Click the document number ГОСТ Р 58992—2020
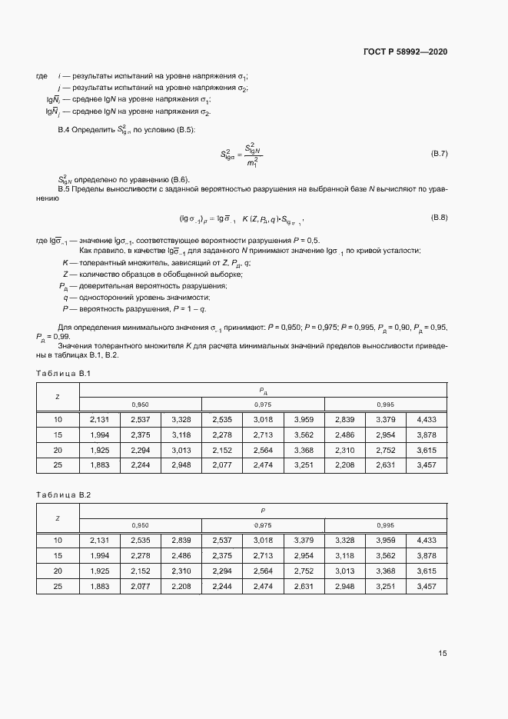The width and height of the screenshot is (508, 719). point(405,52)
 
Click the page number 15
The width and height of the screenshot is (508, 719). point(443,654)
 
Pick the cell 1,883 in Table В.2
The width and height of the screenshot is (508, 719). point(100,587)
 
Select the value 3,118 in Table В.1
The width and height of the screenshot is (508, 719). point(181,435)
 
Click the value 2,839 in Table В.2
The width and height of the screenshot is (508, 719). point(181,541)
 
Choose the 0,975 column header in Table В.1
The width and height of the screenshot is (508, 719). point(263,404)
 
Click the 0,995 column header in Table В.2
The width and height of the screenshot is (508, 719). point(385,525)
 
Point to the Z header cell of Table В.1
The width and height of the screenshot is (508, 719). point(58,397)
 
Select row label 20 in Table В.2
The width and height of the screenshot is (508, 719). point(58,571)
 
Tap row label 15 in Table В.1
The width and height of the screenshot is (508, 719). point(58,435)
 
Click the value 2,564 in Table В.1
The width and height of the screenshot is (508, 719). point(263,451)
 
